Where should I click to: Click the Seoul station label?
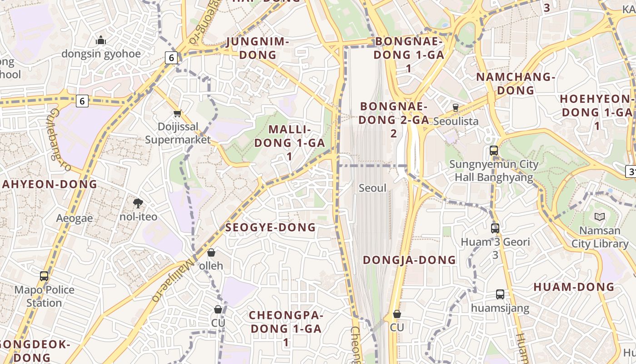point(373,188)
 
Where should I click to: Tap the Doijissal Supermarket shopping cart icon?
point(178,113)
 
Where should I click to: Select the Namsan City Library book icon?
point(600,217)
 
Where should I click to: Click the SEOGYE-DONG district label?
point(270,227)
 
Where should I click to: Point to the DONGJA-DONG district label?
point(409,260)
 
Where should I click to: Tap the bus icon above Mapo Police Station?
point(44,276)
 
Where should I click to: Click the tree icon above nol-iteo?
point(138,203)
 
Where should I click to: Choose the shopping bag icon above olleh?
point(211,253)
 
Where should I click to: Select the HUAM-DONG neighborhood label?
point(574,287)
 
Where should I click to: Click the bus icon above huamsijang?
point(500,294)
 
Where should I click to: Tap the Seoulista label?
point(456,121)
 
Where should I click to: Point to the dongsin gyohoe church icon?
point(101,40)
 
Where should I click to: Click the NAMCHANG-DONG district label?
point(516,83)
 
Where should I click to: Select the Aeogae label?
point(75,218)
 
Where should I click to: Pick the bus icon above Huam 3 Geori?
point(495,228)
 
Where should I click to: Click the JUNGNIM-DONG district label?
point(258,48)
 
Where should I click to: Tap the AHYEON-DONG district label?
point(50,184)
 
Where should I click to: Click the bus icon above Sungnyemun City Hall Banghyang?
point(494,151)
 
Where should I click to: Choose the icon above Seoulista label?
point(456,108)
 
